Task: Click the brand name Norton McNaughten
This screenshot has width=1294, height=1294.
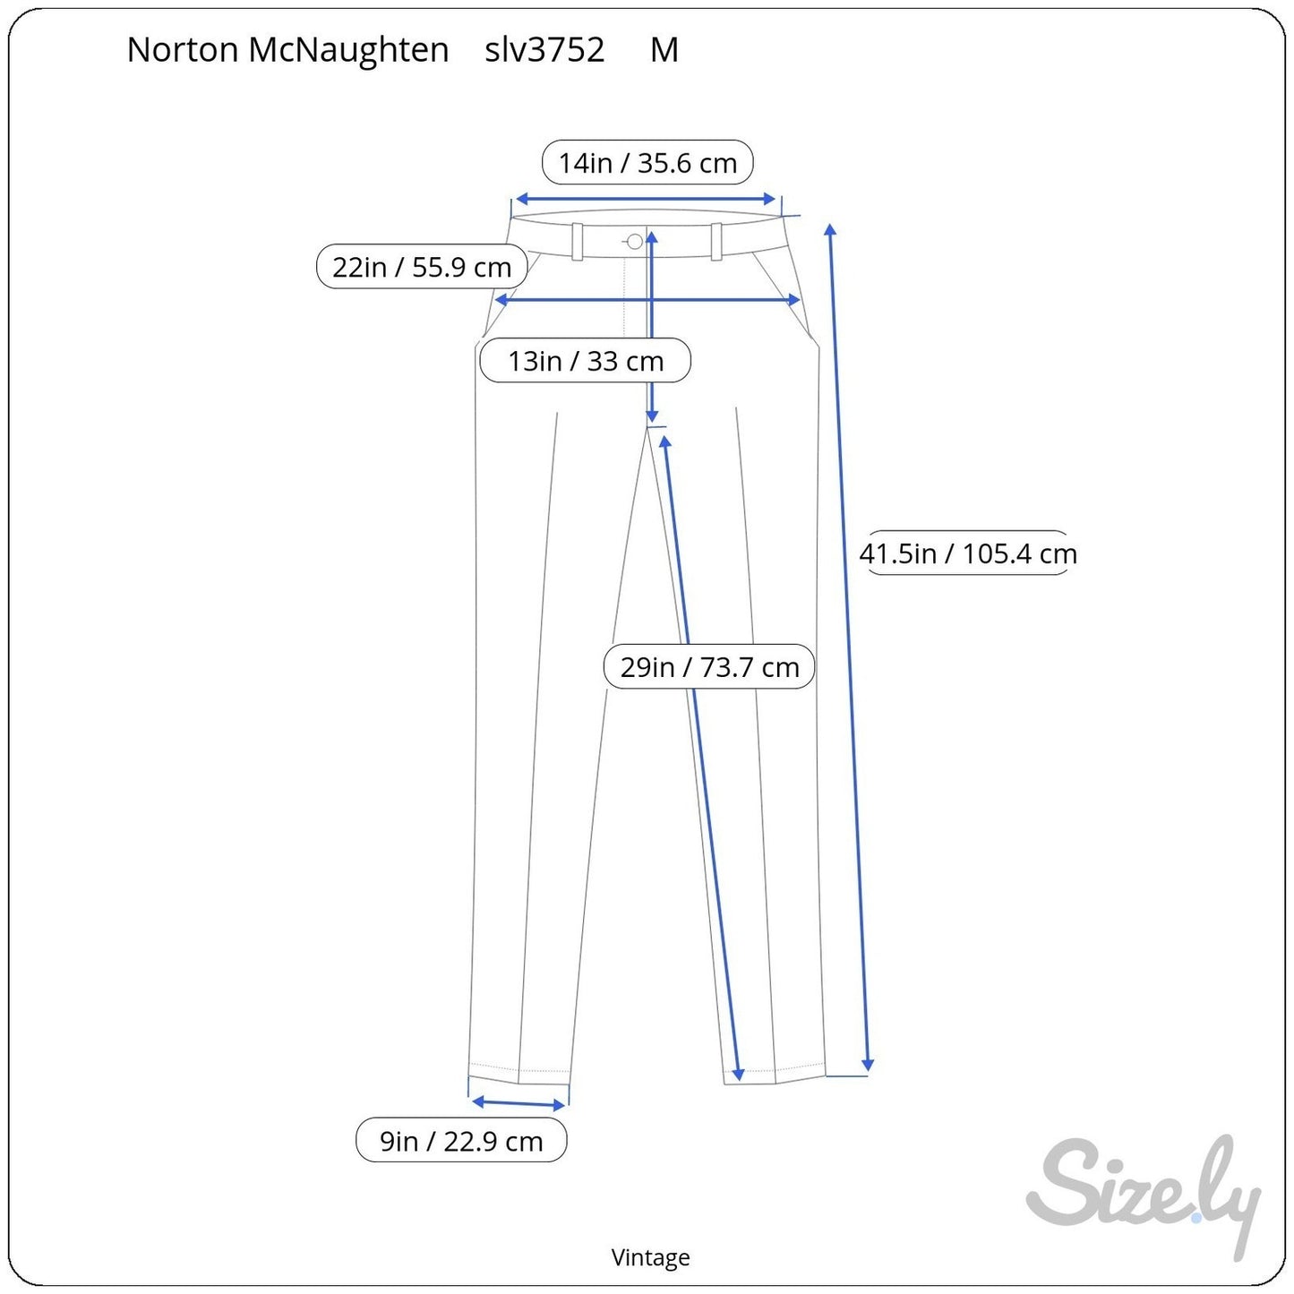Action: (x=287, y=50)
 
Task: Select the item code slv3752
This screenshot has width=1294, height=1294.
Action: (x=544, y=50)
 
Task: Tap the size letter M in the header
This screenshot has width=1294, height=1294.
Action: (x=664, y=50)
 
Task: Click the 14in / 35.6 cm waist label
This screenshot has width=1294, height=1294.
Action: (x=647, y=163)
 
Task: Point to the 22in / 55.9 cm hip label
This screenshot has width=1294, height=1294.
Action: (x=422, y=267)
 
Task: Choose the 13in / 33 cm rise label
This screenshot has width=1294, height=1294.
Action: (x=585, y=361)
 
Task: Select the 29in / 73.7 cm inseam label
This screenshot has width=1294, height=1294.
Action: (x=709, y=667)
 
